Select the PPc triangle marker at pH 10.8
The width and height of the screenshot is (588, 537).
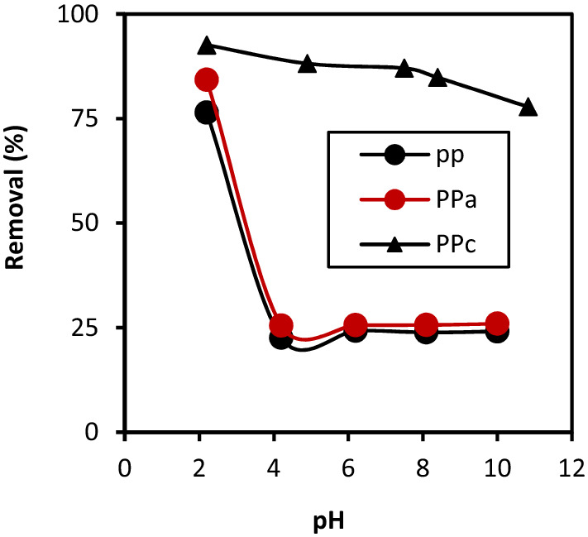(528, 108)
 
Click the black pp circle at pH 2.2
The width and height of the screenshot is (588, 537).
(206, 113)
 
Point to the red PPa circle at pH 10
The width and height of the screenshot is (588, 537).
(497, 324)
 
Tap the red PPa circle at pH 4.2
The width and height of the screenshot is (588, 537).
(281, 325)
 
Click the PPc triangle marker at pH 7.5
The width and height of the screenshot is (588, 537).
(404, 68)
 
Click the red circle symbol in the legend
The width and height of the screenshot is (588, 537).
(394, 199)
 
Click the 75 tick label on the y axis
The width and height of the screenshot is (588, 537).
(99, 119)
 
